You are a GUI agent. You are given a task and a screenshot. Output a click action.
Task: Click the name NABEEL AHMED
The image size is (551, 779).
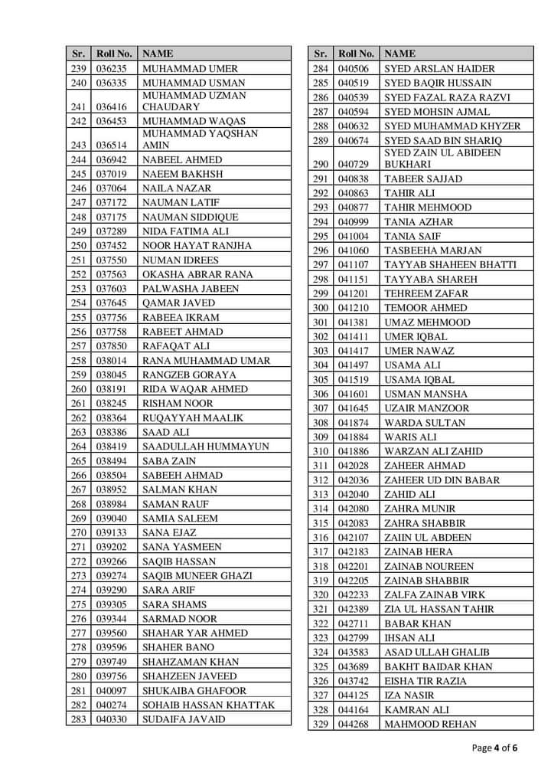coord(182,160)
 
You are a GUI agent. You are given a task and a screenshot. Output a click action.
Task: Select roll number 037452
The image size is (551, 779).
coord(111,246)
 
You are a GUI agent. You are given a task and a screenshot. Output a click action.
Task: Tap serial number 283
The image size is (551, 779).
coord(78,719)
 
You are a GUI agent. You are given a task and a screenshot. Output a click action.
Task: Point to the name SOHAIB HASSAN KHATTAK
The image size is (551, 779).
coord(208,705)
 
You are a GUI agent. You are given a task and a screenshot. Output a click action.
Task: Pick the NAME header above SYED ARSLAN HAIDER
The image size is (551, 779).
coord(399,54)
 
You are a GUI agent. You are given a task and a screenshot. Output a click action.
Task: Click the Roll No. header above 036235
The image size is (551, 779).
coord(114,54)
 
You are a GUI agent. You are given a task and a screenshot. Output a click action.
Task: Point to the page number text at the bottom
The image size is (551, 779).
coord(495,748)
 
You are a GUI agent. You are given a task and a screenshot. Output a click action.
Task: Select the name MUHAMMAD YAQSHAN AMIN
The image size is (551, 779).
coord(201,139)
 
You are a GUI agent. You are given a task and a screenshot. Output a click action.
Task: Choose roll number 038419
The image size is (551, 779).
coord(111,447)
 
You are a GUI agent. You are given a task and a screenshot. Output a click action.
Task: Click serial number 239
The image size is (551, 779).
coord(78,68)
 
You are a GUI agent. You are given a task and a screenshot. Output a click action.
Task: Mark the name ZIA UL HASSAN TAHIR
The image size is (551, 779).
coord(439,610)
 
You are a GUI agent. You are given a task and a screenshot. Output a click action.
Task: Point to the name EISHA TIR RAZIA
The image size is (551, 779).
coord(425,681)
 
